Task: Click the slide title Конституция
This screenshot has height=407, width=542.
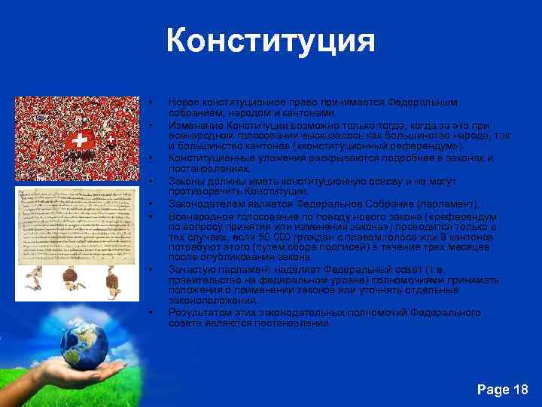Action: point(270,41)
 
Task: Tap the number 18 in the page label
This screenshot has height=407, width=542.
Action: point(519,390)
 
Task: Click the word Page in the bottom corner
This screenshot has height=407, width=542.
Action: point(493,390)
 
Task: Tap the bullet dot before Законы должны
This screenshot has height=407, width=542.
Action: point(151,181)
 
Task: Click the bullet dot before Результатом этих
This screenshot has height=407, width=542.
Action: point(151,313)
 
